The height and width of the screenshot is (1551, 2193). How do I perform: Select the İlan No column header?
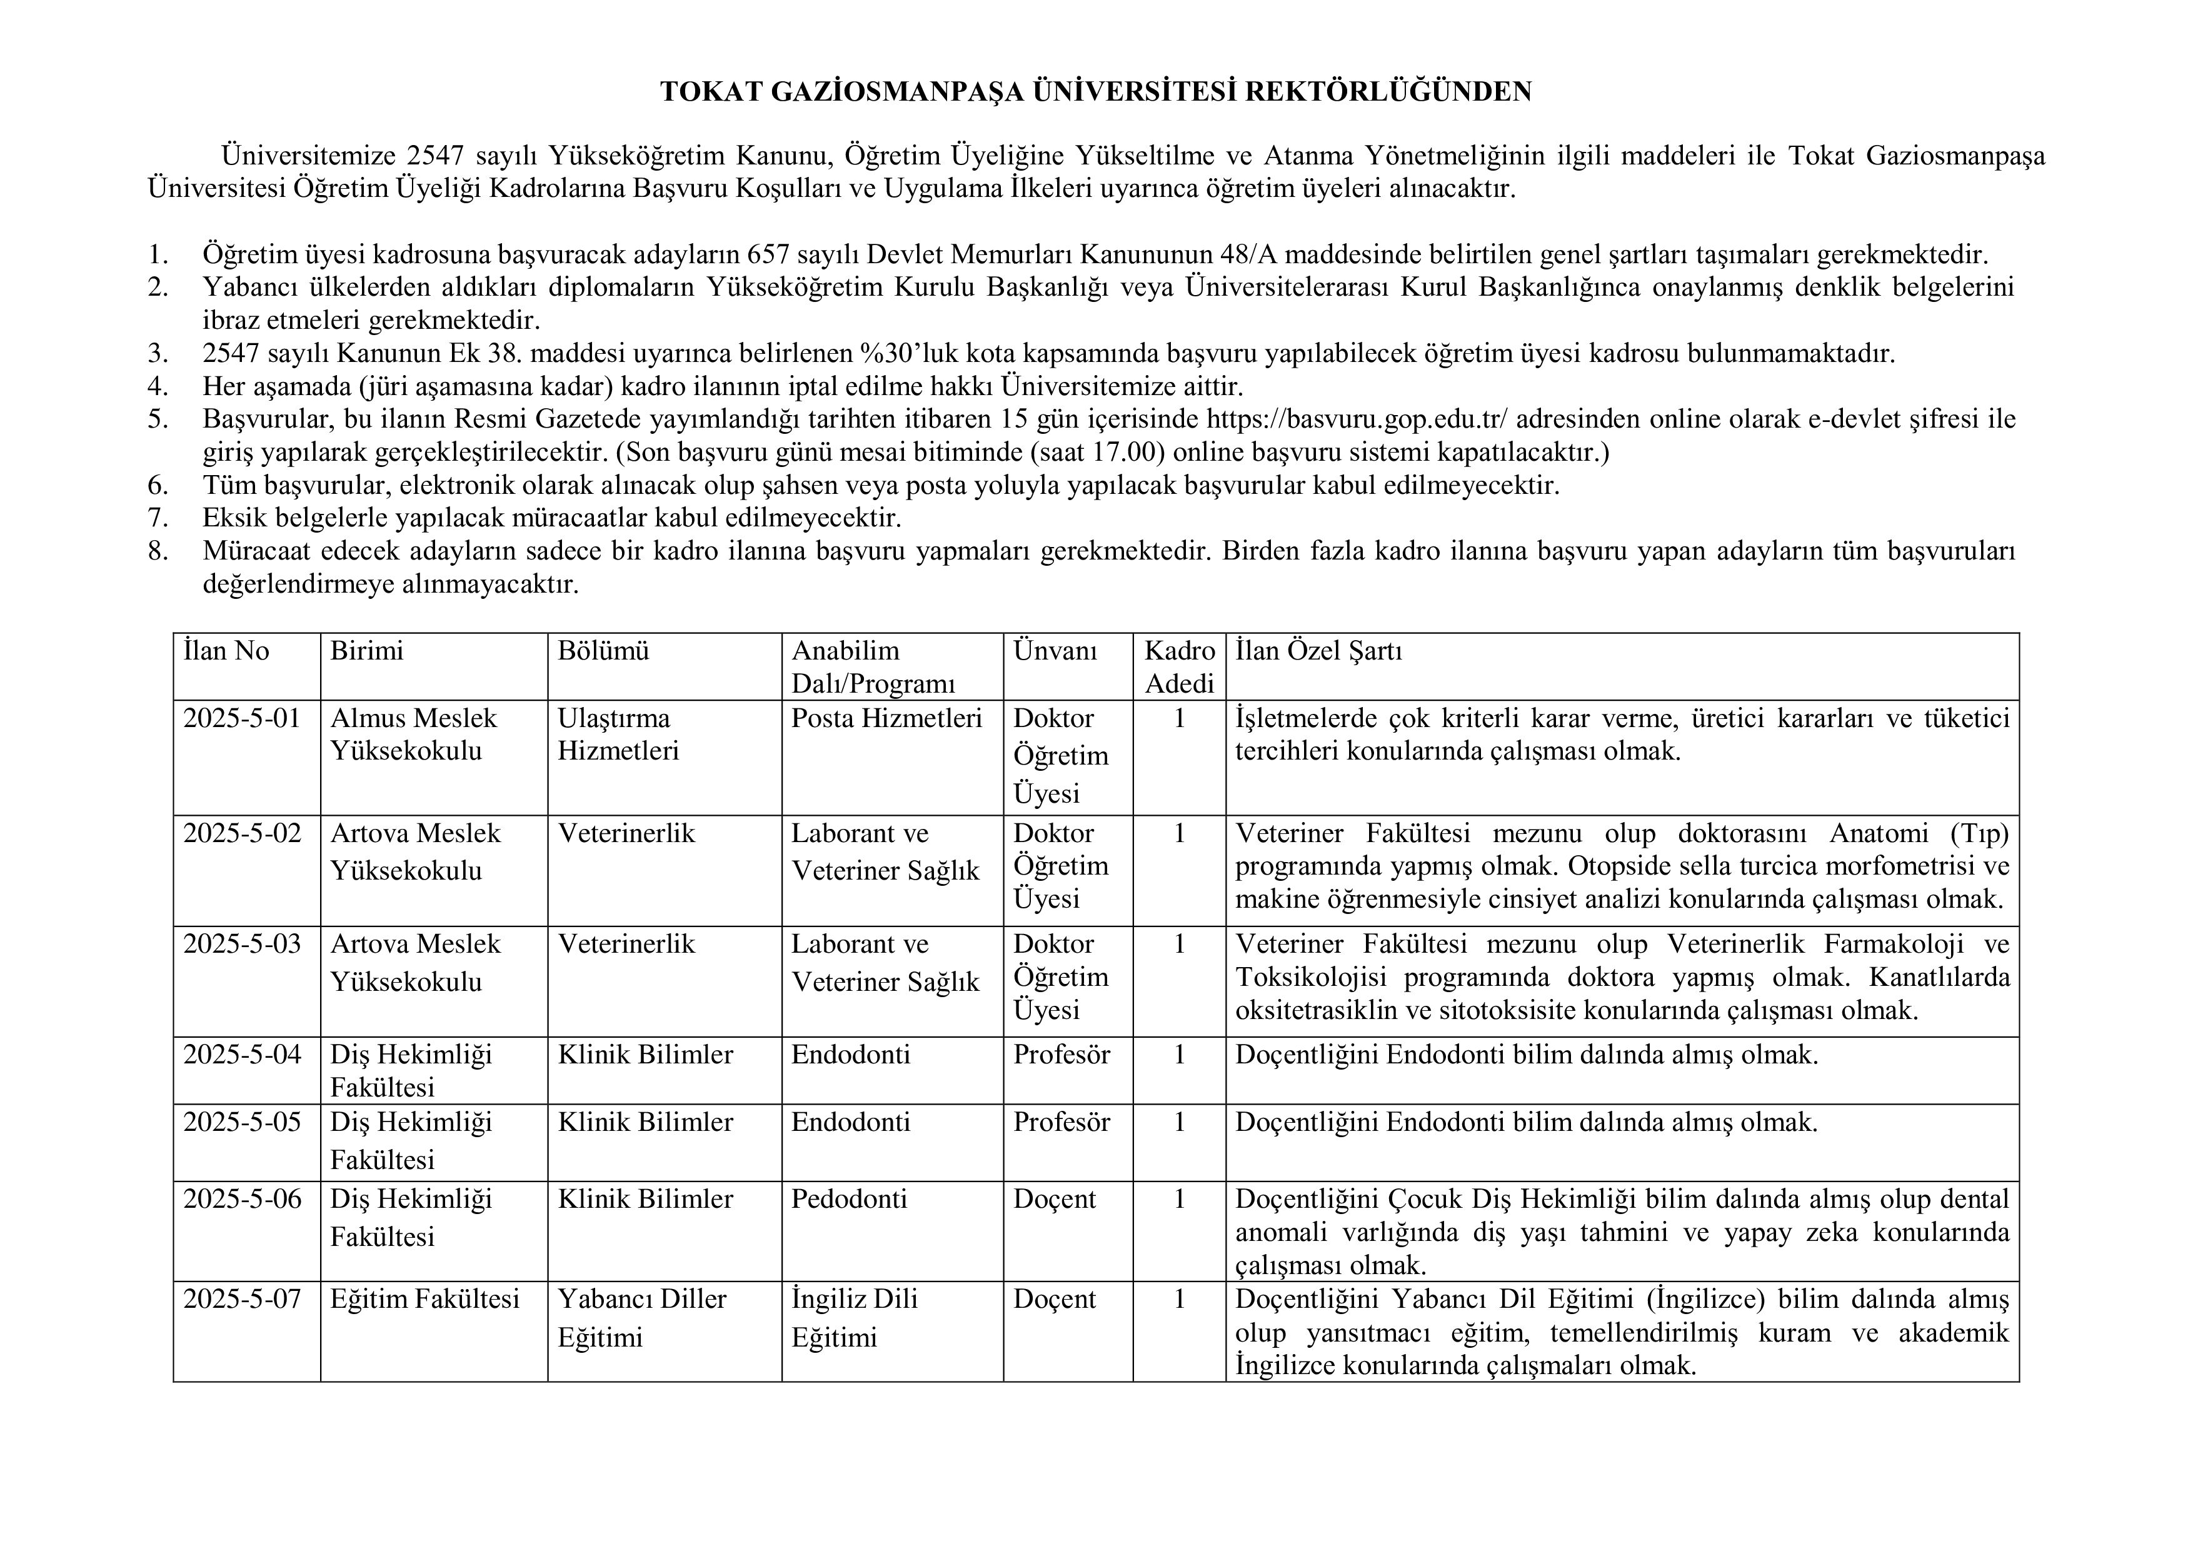(x=226, y=651)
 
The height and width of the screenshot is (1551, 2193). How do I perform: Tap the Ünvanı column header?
(x=1055, y=651)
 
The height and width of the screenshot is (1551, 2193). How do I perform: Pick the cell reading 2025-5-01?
(x=242, y=718)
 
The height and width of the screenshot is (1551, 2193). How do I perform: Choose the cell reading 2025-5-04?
(x=242, y=1055)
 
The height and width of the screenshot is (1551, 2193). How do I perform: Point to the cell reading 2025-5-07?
(x=242, y=1299)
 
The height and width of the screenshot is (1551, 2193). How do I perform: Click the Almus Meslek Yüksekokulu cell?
(x=414, y=735)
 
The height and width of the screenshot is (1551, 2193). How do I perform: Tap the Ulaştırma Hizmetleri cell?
(x=618, y=735)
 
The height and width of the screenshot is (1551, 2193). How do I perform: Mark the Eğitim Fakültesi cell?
(x=425, y=1299)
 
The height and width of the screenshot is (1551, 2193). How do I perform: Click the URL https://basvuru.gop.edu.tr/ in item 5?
(x=1357, y=419)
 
